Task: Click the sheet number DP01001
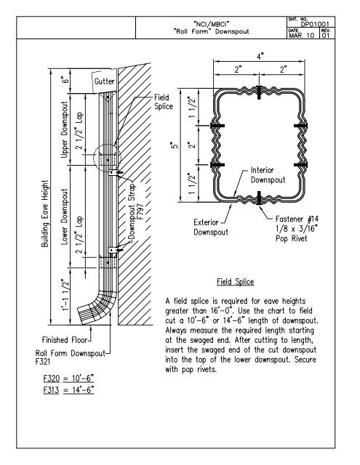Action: pos(315,24)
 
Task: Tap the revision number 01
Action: pos(326,36)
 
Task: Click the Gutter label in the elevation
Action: pos(104,81)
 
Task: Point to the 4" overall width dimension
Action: pos(260,56)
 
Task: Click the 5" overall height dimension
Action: pos(175,145)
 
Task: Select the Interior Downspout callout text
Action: pos(268,175)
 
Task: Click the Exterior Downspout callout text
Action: pos(211,227)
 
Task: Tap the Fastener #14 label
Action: pos(297,219)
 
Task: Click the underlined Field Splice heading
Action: pos(236,282)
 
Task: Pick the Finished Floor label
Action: pos(65,340)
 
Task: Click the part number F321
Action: pos(43,362)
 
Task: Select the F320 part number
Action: pos(52,379)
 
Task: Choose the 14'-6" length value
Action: pos(83,389)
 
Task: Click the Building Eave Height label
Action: pos(44,214)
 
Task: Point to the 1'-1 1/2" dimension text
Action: pos(65,295)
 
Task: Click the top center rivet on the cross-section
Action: pos(259,92)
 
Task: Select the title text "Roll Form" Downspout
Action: pos(212,31)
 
